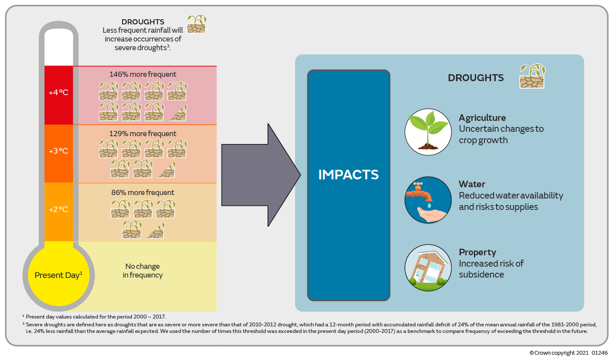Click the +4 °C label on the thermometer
(x=58, y=93)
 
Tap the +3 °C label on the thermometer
(x=58, y=151)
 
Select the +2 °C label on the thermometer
(x=58, y=209)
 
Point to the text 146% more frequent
(x=144, y=74)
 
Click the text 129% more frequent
(x=144, y=134)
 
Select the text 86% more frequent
(x=143, y=192)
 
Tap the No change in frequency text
(x=143, y=271)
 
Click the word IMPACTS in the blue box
(x=348, y=175)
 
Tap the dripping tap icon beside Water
(x=428, y=200)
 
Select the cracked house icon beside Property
(x=428, y=267)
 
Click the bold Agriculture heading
(x=482, y=118)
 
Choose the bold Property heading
(x=477, y=252)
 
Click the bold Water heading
(x=472, y=184)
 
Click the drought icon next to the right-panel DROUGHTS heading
(x=532, y=76)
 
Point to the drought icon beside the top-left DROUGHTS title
(x=196, y=24)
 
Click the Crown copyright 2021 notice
(x=568, y=353)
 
